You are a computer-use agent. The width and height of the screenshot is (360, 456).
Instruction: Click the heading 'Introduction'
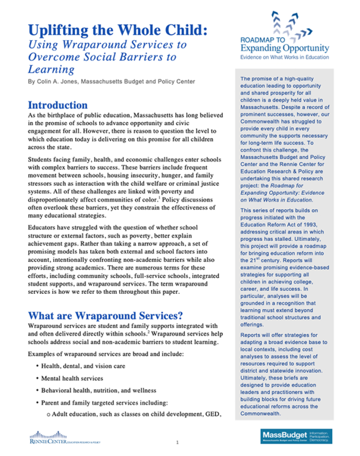(x=58, y=105)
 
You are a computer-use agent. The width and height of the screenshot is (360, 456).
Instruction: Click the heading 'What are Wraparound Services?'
(x=105, y=316)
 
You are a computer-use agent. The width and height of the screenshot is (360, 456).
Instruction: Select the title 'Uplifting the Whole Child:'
(x=117, y=30)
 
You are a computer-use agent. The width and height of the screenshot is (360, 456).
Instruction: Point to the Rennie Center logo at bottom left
(x=65, y=437)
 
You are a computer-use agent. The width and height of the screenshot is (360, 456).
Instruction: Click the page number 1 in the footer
(x=177, y=443)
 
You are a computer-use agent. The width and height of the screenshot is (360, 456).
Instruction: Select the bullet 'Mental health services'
(x=72, y=379)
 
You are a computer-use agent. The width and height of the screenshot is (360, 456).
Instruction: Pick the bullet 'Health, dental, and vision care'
(x=83, y=366)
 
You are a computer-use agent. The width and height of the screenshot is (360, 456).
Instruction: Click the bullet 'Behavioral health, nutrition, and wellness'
(x=99, y=391)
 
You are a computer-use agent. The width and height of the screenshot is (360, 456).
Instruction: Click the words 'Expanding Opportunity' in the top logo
(x=285, y=49)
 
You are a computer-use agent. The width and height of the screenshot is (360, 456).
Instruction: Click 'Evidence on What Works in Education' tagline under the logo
(x=285, y=57)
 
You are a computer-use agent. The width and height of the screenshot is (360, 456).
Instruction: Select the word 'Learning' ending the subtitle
(x=51, y=70)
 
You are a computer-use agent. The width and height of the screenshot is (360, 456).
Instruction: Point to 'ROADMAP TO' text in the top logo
(x=262, y=40)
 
